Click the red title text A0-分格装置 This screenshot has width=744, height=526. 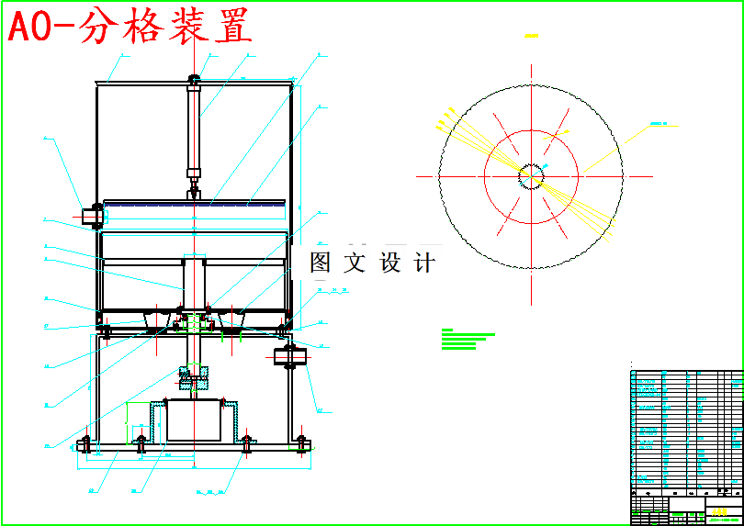pos(130,28)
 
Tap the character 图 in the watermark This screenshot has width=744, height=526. pos(321,263)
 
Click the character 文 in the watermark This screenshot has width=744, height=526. pos(355,263)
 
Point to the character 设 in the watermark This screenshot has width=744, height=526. pos(389,263)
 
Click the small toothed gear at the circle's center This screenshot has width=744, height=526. pos(531,174)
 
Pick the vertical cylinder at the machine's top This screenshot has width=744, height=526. pos(194,129)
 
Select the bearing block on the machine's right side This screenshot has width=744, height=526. pos(291,355)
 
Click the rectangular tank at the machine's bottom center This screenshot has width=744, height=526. pos(193,420)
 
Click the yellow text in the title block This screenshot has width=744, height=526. pos(719,511)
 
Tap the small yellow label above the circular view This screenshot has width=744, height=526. pos(531,37)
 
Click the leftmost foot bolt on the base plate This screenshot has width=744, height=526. pos(85,445)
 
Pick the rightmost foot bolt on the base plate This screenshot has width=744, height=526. pos(301,444)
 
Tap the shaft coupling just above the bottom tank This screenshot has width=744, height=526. pos(194,378)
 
